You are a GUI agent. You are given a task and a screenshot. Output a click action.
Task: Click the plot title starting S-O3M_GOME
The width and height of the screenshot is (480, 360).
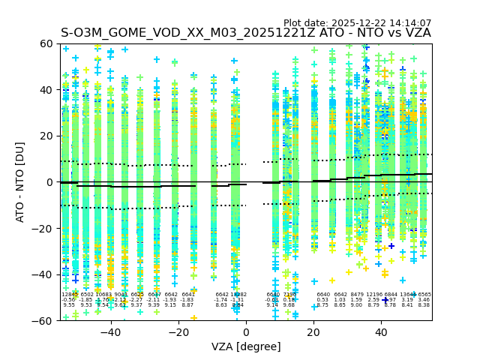click(246, 33)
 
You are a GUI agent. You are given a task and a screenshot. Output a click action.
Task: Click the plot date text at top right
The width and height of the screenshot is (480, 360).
click(357, 23)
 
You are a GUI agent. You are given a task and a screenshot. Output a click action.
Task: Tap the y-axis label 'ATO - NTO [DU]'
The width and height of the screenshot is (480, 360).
click(21, 182)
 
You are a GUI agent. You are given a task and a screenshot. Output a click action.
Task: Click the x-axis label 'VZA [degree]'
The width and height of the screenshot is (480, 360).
click(246, 346)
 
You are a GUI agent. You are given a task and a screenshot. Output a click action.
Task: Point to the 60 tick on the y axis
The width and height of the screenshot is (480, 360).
click(47, 43)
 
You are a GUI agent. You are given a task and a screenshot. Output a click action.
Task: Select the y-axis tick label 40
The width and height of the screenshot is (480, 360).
click(47, 90)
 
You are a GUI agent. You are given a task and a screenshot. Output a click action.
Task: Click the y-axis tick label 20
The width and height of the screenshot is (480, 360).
click(47, 136)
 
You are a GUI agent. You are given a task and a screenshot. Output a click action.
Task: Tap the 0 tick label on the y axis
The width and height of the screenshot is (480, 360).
click(50, 182)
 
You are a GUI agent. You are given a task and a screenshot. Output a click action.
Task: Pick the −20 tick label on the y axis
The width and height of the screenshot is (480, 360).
click(44, 228)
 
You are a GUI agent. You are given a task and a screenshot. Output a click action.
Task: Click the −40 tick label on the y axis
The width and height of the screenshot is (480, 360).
click(44, 274)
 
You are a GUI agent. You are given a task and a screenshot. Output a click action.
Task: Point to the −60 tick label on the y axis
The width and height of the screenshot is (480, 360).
click(44, 320)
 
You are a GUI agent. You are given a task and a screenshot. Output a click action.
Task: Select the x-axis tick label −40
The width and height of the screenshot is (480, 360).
click(110, 331)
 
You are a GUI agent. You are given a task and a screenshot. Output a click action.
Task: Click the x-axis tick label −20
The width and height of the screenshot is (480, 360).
click(178, 331)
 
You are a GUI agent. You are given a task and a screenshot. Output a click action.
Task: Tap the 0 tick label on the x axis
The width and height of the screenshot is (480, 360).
click(246, 331)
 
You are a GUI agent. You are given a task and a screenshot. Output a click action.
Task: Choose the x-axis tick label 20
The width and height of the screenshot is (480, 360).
click(313, 331)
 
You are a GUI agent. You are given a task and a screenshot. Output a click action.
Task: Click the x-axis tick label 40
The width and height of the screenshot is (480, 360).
click(381, 331)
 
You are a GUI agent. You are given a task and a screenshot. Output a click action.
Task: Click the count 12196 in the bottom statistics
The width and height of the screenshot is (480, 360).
click(373, 295)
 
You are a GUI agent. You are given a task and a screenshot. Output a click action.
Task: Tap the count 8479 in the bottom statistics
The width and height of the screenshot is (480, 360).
click(357, 295)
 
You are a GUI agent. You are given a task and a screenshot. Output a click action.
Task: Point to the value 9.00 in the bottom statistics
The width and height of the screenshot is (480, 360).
click(357, 305)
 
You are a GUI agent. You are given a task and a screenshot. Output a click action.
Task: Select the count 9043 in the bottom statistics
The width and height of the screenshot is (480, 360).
click(120, 295)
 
